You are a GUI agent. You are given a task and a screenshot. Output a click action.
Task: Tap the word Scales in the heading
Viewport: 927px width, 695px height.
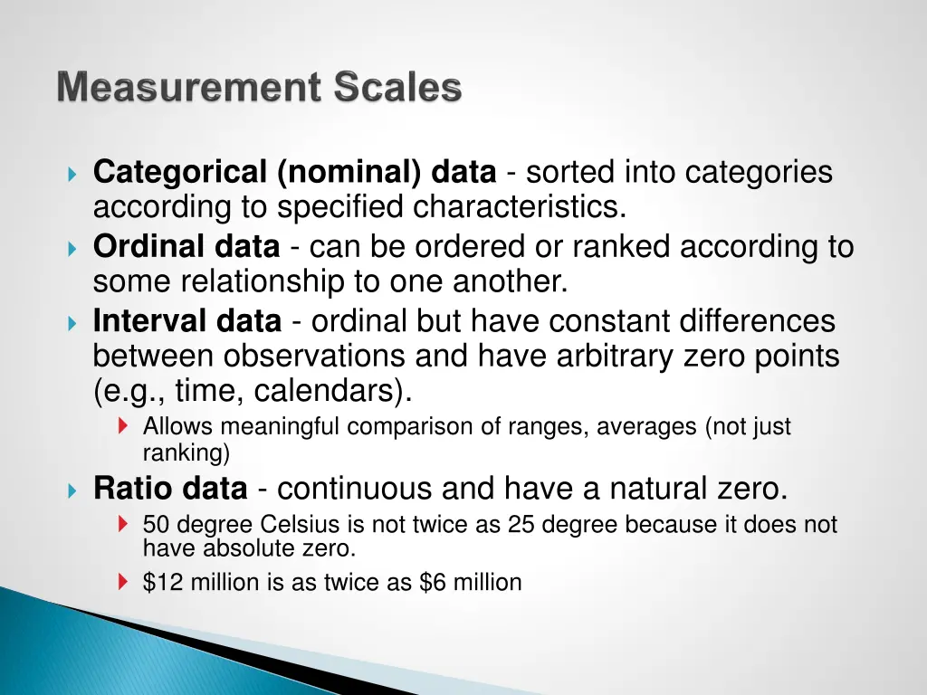tap(397, 89)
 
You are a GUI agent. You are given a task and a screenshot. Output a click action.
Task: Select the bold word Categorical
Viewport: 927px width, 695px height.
tap(180, 172)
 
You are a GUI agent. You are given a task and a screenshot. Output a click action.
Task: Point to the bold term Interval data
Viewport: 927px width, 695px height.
tap(187, 321)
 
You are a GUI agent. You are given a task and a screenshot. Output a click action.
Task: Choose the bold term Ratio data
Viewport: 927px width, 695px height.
tap(170, 490)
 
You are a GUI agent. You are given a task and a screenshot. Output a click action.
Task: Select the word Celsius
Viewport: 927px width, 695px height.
tap(295, 525)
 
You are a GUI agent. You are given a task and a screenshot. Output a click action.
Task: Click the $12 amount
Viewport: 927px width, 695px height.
tap(161, 583)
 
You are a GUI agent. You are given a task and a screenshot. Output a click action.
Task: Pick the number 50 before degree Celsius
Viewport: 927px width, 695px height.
tap(155, 525)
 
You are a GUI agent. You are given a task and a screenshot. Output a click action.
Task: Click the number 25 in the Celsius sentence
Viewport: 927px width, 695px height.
tap(521, 525)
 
